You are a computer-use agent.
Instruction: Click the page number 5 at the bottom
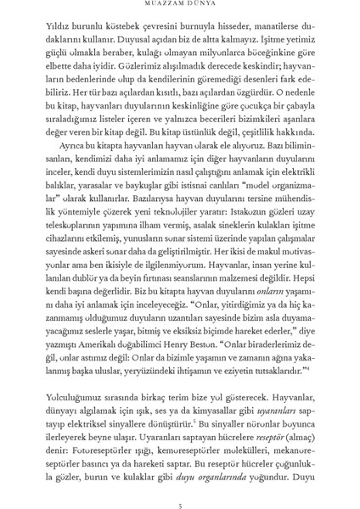181,483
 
